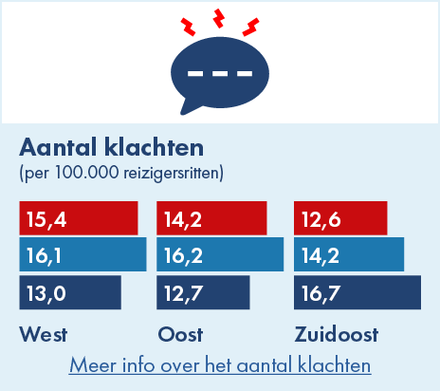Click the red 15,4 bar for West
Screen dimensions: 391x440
tap(79, 217)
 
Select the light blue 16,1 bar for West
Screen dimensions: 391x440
tap(82, 254)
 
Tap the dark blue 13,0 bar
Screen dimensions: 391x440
tap(70, 291)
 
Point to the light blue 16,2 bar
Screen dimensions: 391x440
tap(220, 254)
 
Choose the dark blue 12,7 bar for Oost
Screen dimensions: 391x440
tap(203, 291)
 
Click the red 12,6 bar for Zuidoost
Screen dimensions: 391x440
tap(340, 217)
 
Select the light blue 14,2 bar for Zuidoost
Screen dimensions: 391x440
tap(349, 254)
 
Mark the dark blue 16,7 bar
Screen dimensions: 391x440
tap(357, 291)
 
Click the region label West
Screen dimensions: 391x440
tap(43, 335)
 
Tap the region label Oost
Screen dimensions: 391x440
tap(179, 335)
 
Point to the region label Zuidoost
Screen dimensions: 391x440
tap(337, 335)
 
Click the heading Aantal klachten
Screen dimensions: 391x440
tap(112, 148)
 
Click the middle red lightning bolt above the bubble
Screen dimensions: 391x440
tap(220, 17)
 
